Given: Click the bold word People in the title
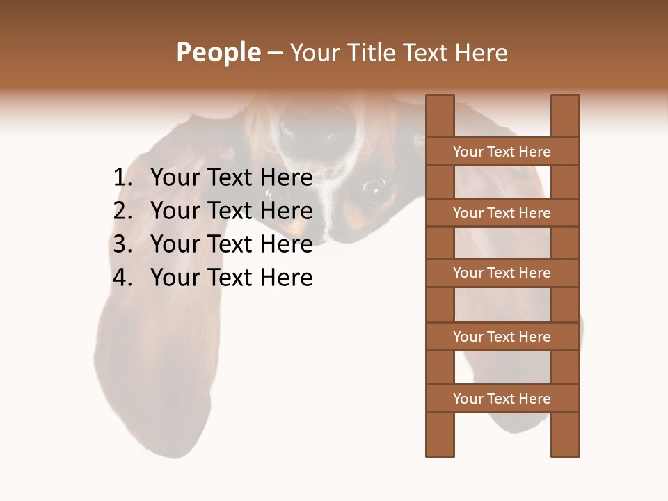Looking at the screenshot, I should point(218,53).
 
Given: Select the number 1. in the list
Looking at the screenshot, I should point(122,178).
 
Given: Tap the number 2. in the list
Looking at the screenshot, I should point(122,211).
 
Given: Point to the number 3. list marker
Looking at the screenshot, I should point(122,244).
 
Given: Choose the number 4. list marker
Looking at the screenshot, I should point(122,278).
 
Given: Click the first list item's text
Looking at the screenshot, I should point(231,178).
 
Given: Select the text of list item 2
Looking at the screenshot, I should point(231,211).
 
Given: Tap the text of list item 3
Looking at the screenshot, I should point(231,244).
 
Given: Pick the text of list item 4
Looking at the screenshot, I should point(231,278).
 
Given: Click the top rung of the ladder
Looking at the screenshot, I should point(502,152).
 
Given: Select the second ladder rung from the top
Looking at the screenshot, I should point(502,213).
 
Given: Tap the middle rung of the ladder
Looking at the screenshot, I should point(502,273).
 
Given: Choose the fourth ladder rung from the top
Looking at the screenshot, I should point(502,337).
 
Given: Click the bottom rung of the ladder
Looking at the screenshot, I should point(502,399).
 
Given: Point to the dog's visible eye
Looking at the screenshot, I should point(374,186).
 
